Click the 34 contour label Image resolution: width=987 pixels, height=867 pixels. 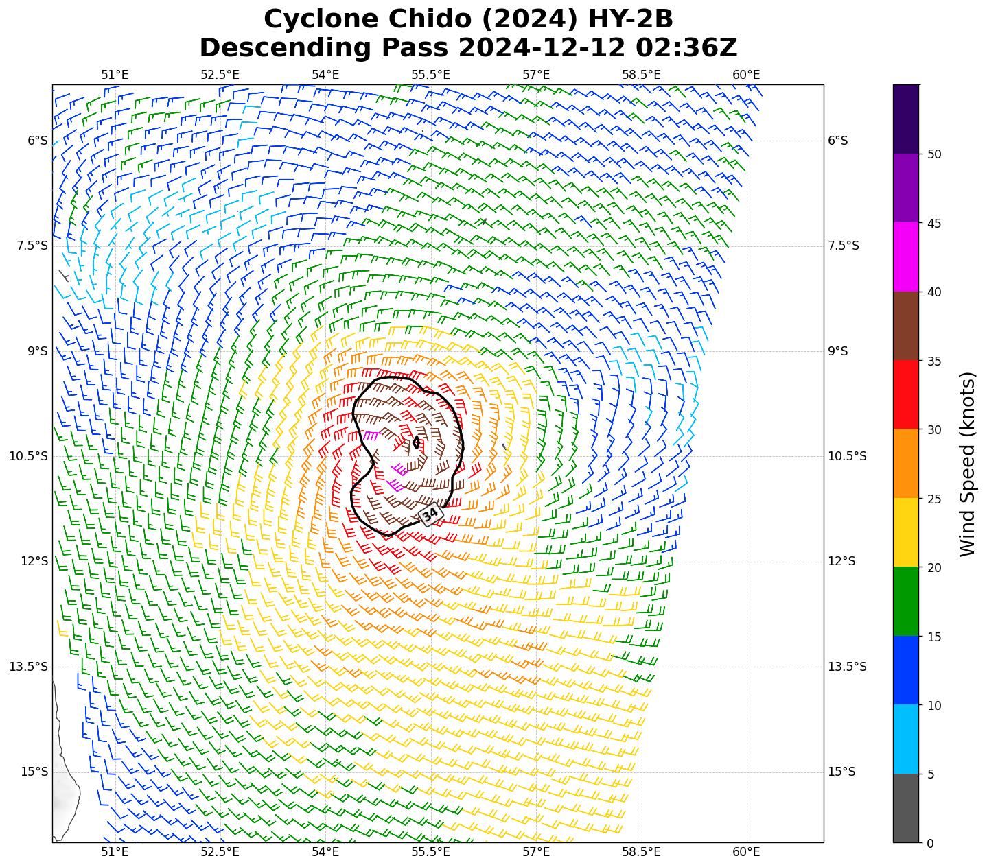(430, 514)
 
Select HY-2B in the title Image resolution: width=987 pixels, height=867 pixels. (629, 19)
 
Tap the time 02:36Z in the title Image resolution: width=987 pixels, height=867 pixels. (686, 48)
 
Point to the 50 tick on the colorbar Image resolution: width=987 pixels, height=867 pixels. (933, 154)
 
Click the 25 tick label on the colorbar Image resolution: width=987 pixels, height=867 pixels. (933, 499)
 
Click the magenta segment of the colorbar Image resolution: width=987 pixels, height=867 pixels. (906, 257)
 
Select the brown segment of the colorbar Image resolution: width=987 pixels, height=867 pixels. (906, 326)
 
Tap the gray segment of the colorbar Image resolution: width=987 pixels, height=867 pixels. (906, 808)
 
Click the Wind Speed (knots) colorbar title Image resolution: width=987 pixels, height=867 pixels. (967, 464)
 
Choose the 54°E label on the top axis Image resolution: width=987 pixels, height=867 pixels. (325, 74)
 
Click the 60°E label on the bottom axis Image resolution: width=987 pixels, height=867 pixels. (746, 853)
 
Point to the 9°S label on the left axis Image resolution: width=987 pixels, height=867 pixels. (37, 351)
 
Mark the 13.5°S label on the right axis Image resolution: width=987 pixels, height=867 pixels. (847, 667)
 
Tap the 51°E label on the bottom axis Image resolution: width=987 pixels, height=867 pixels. (115, 853)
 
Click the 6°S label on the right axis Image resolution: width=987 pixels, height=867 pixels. (837, 141)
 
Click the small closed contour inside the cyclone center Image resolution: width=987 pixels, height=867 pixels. (416, 442)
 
